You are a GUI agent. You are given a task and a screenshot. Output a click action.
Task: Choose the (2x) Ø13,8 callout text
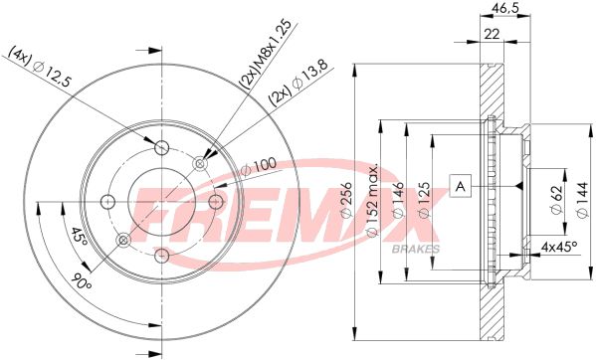[x=298, y=85]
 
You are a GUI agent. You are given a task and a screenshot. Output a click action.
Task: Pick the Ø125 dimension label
[x=425, y=203]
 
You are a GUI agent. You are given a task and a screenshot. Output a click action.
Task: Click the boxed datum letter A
[x=460, y=185]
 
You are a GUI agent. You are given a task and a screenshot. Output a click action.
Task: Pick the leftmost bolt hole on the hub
[x=107, y=202]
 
